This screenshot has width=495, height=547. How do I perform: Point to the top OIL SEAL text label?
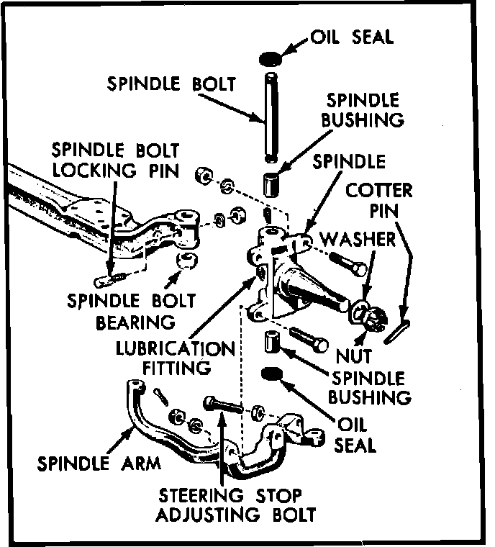tap(352, 37)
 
